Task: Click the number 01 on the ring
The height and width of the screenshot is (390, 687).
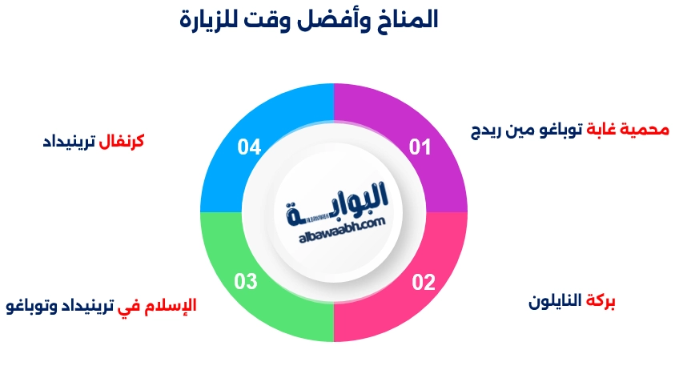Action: (x=420, y=147)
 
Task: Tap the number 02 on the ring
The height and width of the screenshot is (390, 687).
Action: (x=424, y=282)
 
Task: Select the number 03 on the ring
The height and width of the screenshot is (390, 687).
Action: (x=246, y=281)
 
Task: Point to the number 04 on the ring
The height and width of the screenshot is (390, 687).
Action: (x=250, y=147)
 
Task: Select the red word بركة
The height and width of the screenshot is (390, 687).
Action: (x=601, y=302)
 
